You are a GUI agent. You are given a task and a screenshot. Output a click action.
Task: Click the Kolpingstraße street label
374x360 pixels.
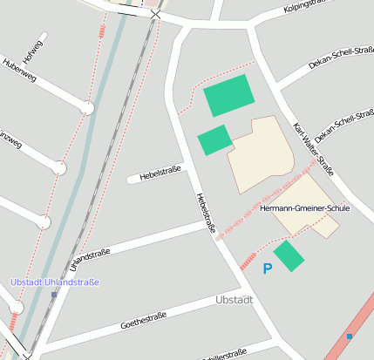click(310, 9)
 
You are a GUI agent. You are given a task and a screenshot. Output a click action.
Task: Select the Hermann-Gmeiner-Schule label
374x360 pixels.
click(305, 209)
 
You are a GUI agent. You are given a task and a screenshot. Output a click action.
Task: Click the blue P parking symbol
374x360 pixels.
click(268, 269)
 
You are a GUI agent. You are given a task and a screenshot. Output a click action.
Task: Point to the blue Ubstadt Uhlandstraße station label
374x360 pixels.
click(54, 282)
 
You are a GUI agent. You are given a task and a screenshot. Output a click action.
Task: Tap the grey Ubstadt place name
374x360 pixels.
click(234, 301)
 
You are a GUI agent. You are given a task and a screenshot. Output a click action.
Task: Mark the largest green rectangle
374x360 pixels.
click(230, 95)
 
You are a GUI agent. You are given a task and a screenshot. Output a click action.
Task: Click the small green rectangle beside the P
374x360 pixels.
click(289, 255)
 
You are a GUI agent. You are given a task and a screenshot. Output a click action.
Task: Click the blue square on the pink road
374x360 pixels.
click(350, 336)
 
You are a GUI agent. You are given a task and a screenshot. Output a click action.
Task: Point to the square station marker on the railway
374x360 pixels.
click(54, 295)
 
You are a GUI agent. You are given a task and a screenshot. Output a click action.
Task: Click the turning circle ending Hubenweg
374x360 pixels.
click(86, 108)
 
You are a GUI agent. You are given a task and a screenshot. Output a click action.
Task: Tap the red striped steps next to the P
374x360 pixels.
click(249, 259)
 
